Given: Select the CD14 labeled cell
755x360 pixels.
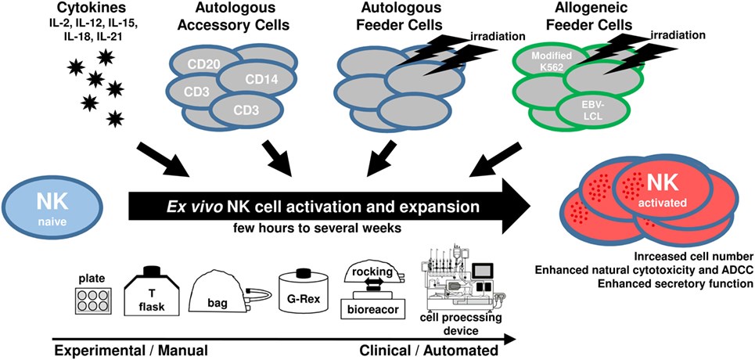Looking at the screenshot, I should click(x=256, y=79).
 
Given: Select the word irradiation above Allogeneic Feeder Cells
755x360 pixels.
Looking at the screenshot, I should click(x=678, y=34).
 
